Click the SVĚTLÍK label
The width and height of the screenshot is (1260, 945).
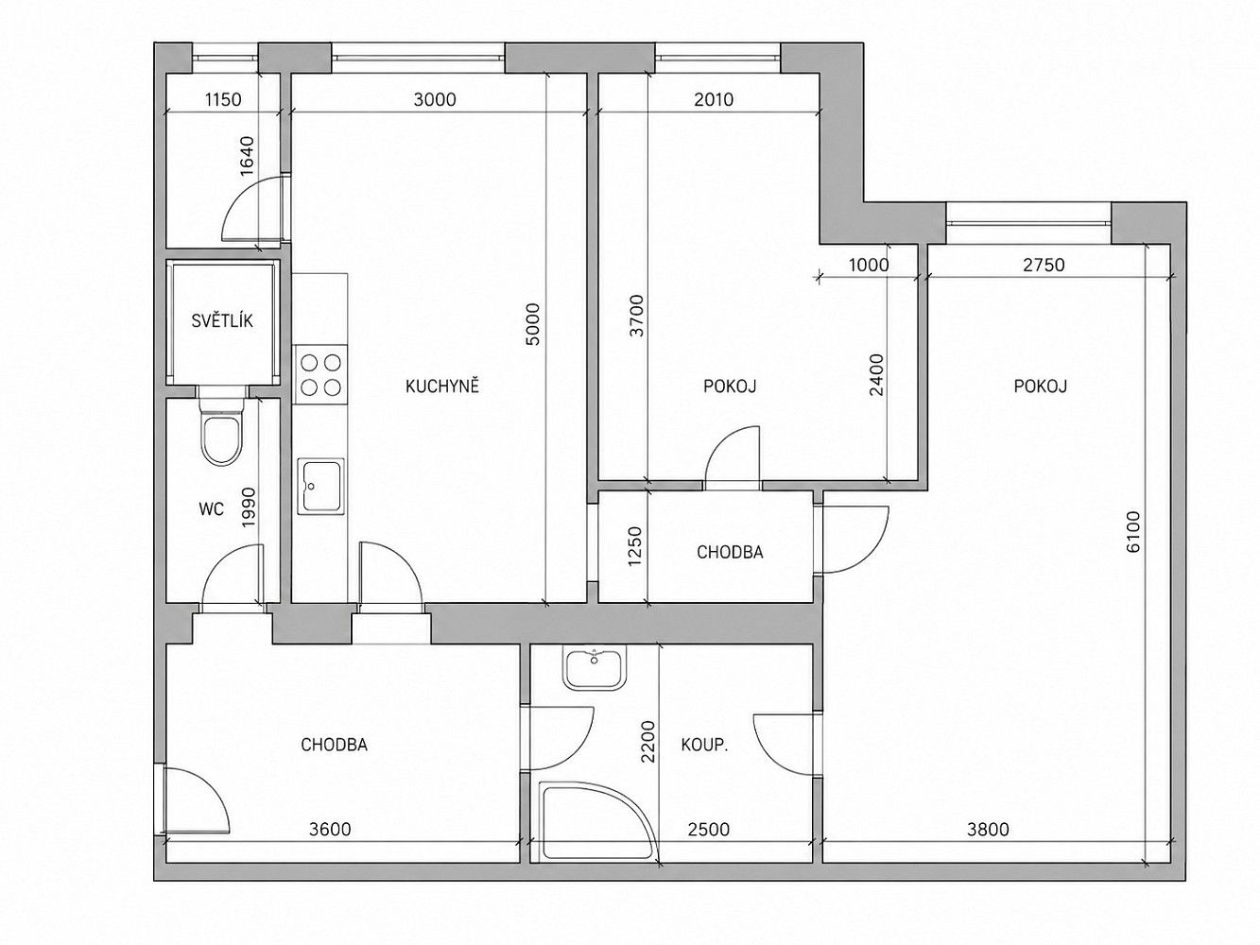pos(222,320)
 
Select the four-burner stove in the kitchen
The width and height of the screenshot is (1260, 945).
pos(320,374)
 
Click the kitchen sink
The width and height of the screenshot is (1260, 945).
pos(320,486)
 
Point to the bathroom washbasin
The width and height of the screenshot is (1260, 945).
pos(595,668)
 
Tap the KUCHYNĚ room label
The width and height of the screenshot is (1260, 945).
pos(442,387)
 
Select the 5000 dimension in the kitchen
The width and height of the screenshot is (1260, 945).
pos(533,325)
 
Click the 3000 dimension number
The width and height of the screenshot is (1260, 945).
pos(435,100)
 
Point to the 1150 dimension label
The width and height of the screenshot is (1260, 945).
pos(223,100)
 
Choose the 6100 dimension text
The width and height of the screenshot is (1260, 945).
pos(1133,532)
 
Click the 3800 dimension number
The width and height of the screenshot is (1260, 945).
pos(988,829)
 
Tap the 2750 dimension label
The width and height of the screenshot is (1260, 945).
pos(1044,265)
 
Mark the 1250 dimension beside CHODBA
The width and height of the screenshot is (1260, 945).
pos(634,546)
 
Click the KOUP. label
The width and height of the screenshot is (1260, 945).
pos(704,746)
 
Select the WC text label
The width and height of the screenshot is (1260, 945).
pos(211,508)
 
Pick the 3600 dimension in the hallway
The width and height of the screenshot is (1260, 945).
pos(330,829)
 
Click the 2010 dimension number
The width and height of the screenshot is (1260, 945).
pos(714,100)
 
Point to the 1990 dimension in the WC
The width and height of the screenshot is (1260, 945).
pos(248,507)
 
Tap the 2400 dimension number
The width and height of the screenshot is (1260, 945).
pos(876,374)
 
